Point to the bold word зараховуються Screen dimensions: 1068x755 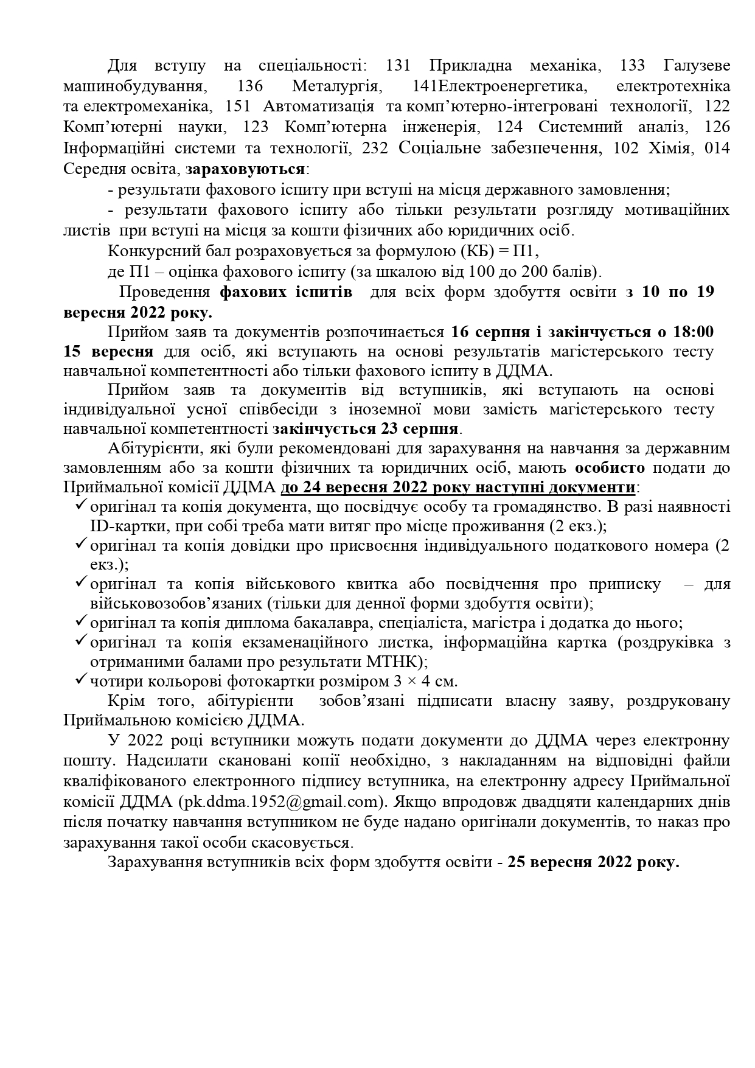coord(246,169)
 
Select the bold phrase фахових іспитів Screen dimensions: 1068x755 coord(285,292)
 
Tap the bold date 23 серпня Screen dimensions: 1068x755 coord(419,428)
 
